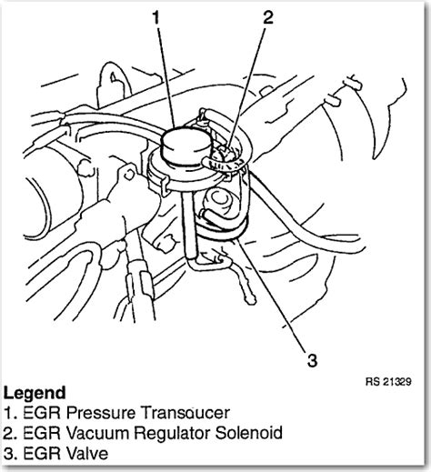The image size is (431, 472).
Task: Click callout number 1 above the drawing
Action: pos(155,17)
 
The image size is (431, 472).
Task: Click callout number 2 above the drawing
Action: pos(268,17)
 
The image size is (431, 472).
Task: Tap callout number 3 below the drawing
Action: pos(312,360)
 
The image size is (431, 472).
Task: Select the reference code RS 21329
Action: pos(388,381)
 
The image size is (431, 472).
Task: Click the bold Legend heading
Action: pos(35,393)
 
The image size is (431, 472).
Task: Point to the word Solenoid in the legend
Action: pos(249,433)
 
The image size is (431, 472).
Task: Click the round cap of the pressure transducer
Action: pos(185,146)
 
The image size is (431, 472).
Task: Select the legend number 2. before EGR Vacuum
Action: pos(10,433)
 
